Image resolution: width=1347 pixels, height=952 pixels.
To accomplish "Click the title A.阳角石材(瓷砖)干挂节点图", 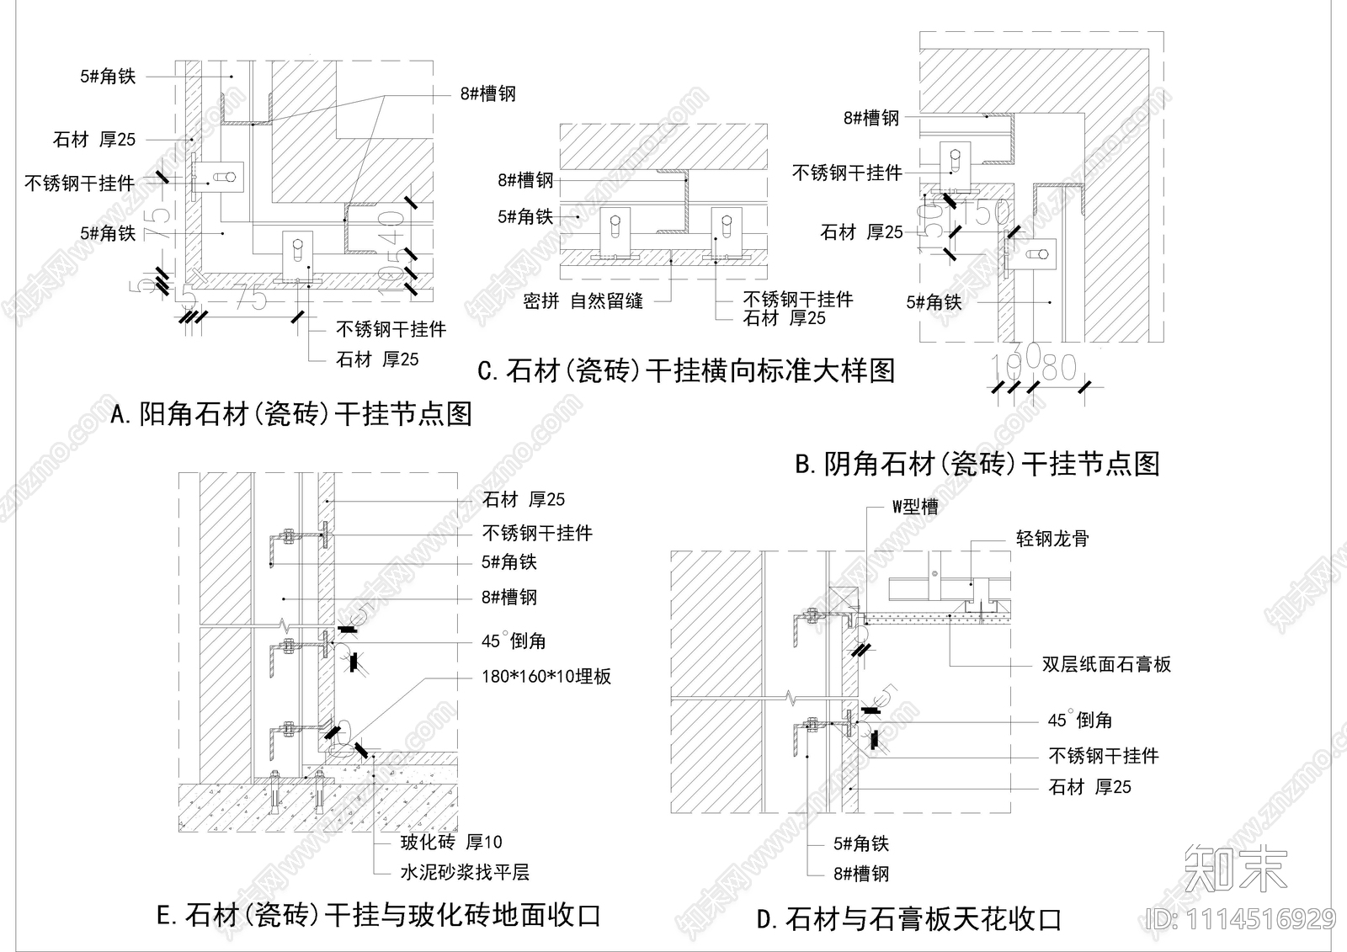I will tap(291, 414).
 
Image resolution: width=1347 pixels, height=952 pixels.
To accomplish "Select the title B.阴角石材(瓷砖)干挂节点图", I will tap(977, 464).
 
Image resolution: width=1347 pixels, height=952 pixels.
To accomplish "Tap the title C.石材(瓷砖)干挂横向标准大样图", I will tap(685, 370).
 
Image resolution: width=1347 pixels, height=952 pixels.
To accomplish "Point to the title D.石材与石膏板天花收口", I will tap(909, 918).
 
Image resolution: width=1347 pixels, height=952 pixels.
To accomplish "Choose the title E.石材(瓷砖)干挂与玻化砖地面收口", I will tap(379, 915).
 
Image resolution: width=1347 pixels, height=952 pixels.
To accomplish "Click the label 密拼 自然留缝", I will tap(583, 300).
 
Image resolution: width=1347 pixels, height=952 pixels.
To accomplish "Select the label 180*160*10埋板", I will tap(546, 676).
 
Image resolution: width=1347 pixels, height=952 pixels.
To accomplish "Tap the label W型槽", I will tap(915, 507).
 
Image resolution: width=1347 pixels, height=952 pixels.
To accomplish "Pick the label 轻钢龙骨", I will tap(1052, 539).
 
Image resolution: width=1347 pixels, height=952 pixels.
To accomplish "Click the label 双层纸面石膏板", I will tap(1106, 664).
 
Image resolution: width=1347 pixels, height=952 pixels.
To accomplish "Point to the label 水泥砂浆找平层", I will tap(465, 873).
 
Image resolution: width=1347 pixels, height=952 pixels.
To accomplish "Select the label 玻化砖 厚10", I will tap(451, 842).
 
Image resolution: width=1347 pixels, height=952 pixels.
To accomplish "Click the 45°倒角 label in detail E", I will tap(514, 641).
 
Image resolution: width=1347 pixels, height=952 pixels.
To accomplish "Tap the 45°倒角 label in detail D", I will tap(1080, 721).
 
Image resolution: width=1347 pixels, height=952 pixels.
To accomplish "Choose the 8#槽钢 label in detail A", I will tap(488, 94).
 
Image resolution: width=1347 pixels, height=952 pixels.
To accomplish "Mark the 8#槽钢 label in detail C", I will tap(525, 180).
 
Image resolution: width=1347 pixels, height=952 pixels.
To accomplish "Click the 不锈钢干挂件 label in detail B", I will tap(847, 173).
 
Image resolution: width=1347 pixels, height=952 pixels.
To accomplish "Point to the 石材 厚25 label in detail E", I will tap(524, 500).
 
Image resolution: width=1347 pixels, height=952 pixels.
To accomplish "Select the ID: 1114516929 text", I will tap(1241, 919).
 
